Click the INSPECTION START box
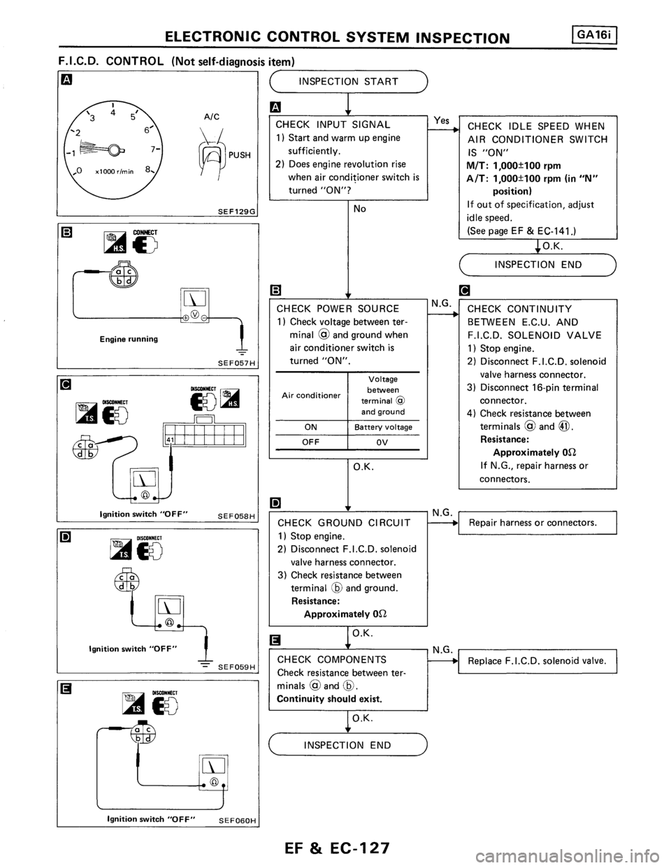[x=348, y=82]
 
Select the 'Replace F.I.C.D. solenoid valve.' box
[x=537, y=660]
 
